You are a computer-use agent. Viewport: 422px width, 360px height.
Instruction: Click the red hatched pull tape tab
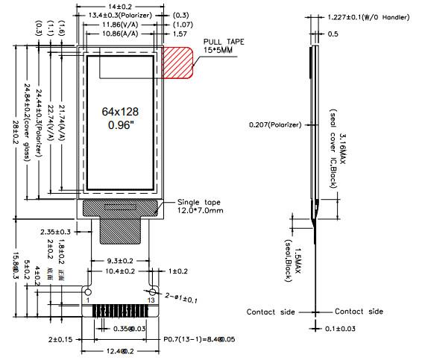[x=177, y=63]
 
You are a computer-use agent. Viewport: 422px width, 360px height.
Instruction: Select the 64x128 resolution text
[x=121, y=111]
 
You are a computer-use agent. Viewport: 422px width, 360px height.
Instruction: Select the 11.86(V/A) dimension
[x=120, y=25]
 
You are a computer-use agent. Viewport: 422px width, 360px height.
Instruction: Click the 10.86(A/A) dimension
[x=120, y=34]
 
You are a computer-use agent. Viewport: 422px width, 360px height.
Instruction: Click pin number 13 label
[x=153, y=299]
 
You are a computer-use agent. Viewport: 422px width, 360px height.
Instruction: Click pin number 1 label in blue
[x=87, y=299]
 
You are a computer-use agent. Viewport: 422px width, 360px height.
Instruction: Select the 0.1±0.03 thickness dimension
[x=343, y=329]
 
